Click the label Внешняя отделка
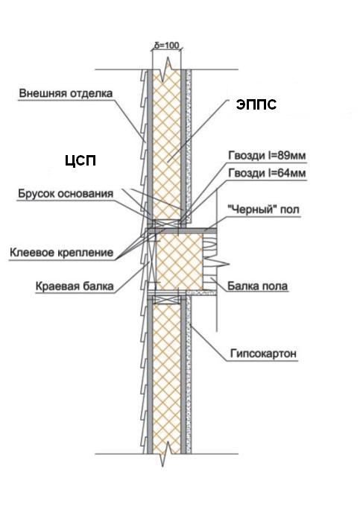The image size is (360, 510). point(66,93)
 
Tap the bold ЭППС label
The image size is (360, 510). point(256,104)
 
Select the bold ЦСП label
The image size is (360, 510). point(80,160)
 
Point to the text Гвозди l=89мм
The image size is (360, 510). point(267,156)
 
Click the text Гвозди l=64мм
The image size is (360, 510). point(267,173)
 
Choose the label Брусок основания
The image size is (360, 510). point(66,194)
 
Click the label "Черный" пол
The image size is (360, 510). point(263,210)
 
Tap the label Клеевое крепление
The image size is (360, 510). point(61,253)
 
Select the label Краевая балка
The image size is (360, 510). point(75,286)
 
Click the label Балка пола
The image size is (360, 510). point(257,286)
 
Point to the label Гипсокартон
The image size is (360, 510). point(263,353)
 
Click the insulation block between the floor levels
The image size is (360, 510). point(180,262)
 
